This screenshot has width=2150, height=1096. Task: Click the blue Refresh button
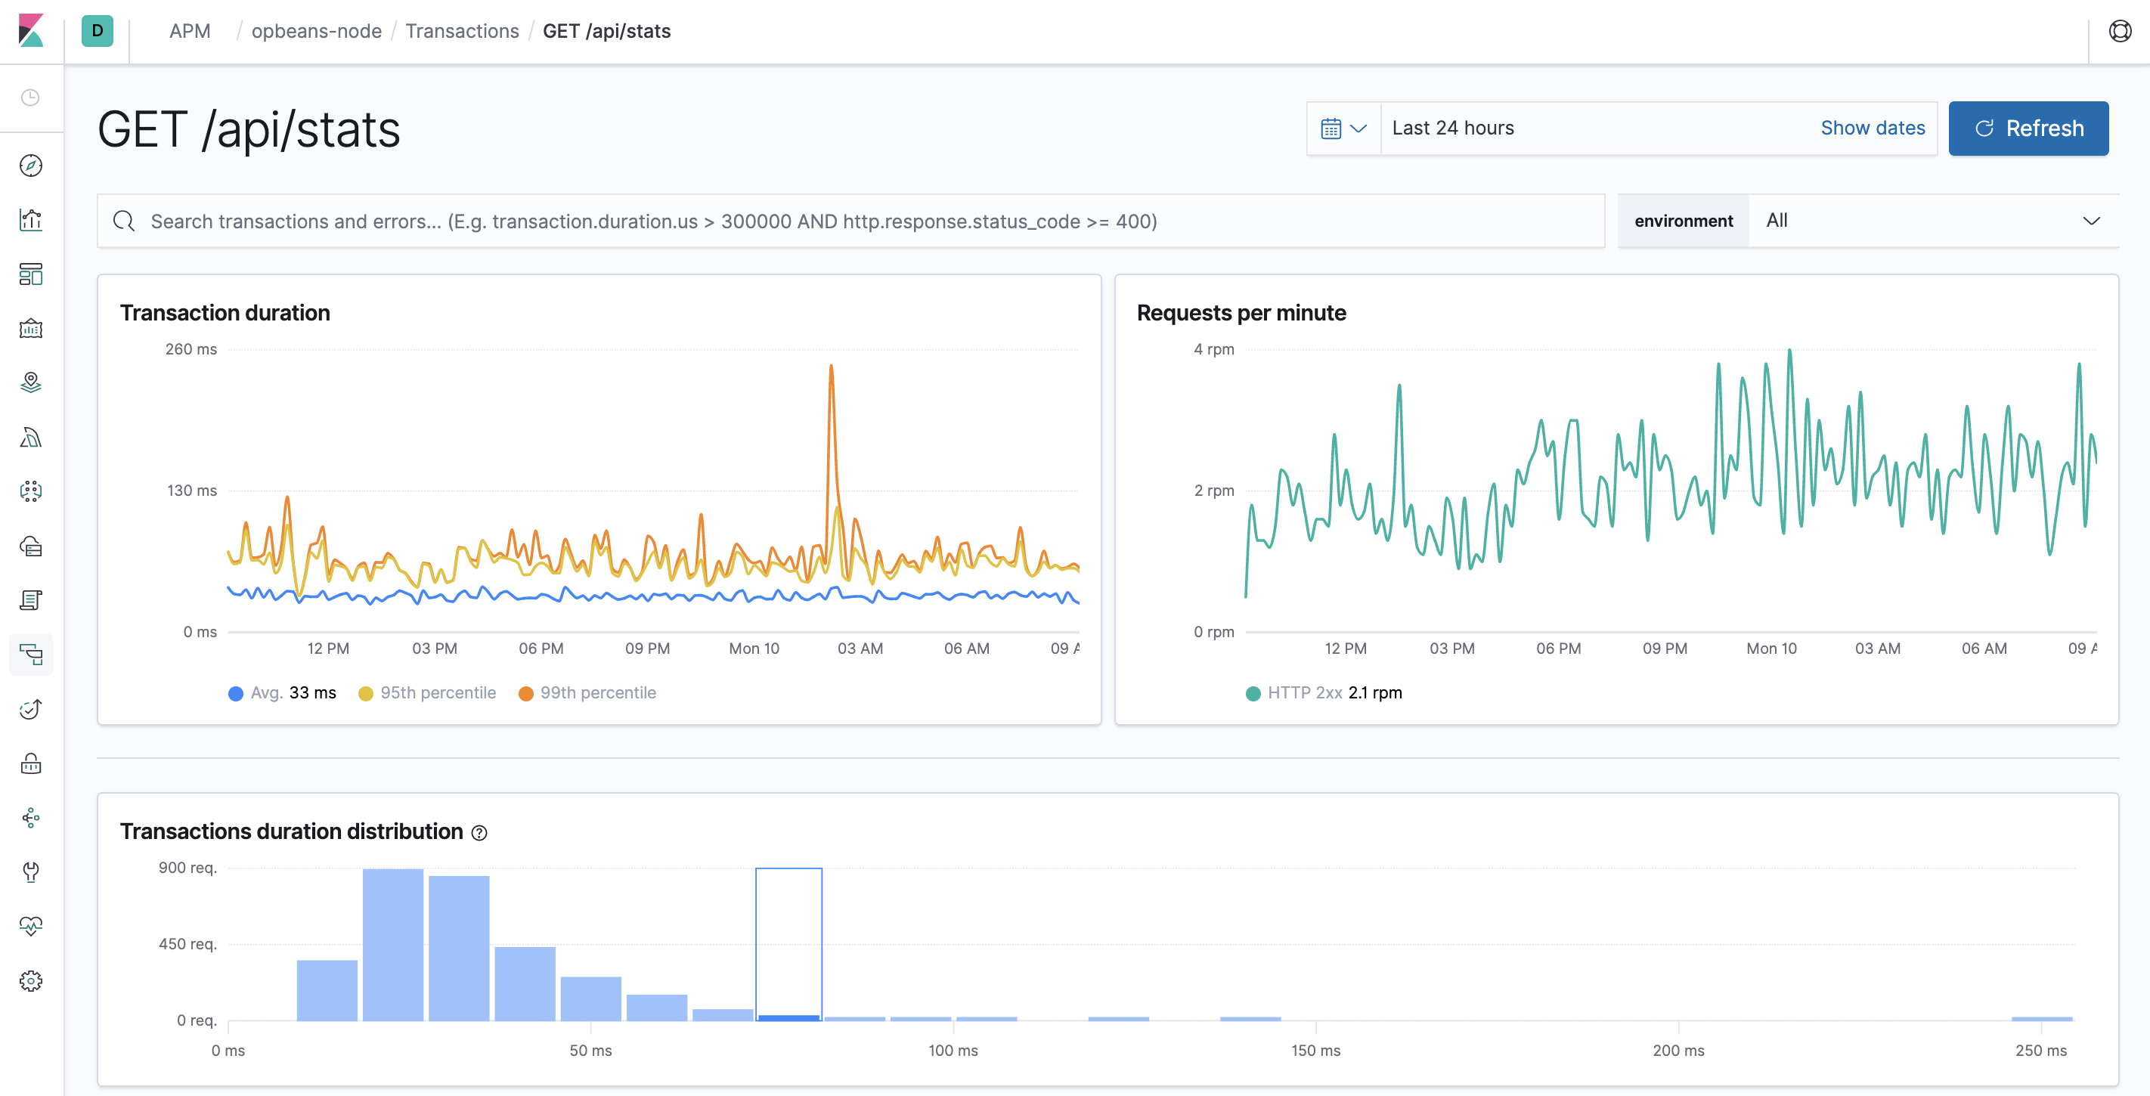tap(2028, 128)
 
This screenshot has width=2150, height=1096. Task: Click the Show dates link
tap(1872, 128)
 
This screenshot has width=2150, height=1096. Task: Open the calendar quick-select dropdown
tap(1343, 128)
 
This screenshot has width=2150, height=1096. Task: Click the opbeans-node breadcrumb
tap(316, 31)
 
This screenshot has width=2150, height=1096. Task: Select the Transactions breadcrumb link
tap(462, 31)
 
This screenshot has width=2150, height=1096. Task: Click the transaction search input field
tap(851, 221)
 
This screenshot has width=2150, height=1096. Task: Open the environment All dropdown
tap(1932, 221)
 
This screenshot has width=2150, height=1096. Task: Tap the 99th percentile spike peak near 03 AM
tap(831, 367)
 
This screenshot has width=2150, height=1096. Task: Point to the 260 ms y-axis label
tap(191, 350)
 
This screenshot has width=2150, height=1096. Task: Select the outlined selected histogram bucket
tap(788, 943)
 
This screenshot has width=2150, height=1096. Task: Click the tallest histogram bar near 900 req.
tap(392, 943)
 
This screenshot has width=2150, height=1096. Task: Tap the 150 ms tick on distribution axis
tap(1315, 1050)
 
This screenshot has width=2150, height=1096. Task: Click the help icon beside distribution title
tap(479, 832)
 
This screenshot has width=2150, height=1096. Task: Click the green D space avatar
tap(98, 31)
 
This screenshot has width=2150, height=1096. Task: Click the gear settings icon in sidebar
tap(31, 981)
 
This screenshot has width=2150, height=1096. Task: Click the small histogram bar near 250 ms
tap(2040, 1018)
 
